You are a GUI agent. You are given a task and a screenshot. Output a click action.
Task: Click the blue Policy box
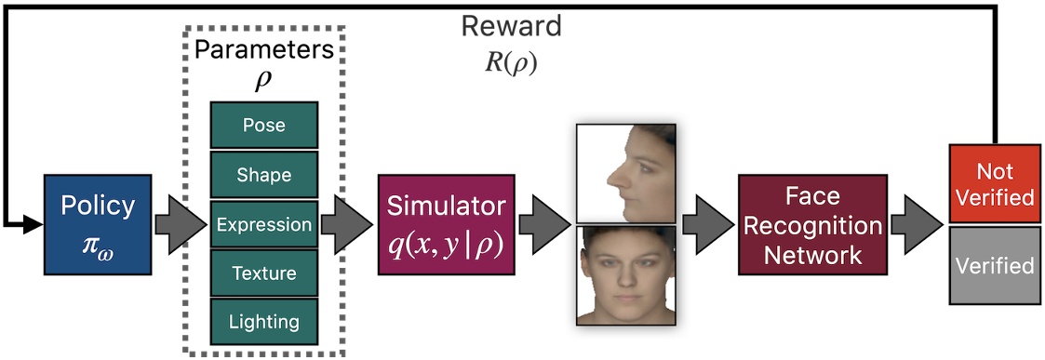(x=97, y=224)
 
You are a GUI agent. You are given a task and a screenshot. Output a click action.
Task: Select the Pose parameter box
(x=264, y=125)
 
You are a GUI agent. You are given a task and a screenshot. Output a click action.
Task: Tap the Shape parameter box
(x=264, y=174)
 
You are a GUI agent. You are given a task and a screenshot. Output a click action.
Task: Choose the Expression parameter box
(x=264, y=224)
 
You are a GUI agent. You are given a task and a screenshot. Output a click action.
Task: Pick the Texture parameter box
(x=264, y=273)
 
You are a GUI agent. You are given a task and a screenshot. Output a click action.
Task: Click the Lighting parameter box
(x=264, y=322)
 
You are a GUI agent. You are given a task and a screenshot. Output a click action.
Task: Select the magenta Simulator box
(x=446, y=224)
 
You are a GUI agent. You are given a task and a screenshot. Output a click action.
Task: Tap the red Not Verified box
(x=993, y=184)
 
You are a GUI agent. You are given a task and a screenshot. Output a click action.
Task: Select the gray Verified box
(x=993, y=266)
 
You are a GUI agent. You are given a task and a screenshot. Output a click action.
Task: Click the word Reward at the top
(x=511, y=26)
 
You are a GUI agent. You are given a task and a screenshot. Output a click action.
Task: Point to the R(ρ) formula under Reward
(x=511, y=65)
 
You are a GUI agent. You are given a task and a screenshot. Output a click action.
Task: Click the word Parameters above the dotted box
(x=264, y=49)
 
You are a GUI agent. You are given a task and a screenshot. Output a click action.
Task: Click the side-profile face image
(x=623, y=174)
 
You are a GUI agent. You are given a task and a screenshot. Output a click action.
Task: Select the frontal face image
(x=623, y=275)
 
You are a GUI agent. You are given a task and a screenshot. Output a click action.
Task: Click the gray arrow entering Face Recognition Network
(x=706, y=224)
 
